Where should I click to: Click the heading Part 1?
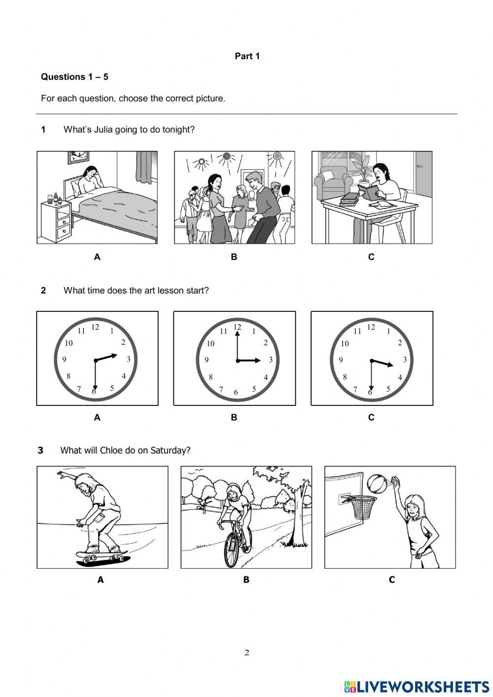click(247, 56)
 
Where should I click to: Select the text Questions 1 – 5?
click(74, 77)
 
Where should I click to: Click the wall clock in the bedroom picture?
click(77, 157)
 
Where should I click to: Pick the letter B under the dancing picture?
click(234, 257)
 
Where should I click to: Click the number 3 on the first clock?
click(129, 360)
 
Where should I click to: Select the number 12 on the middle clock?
click(237, 327)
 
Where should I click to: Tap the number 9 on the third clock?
click(341, 360)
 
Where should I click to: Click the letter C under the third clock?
click(371, 418)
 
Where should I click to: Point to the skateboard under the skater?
click(103, 557)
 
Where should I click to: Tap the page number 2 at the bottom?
click(246, 653)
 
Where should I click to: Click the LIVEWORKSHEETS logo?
click(417, 687)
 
